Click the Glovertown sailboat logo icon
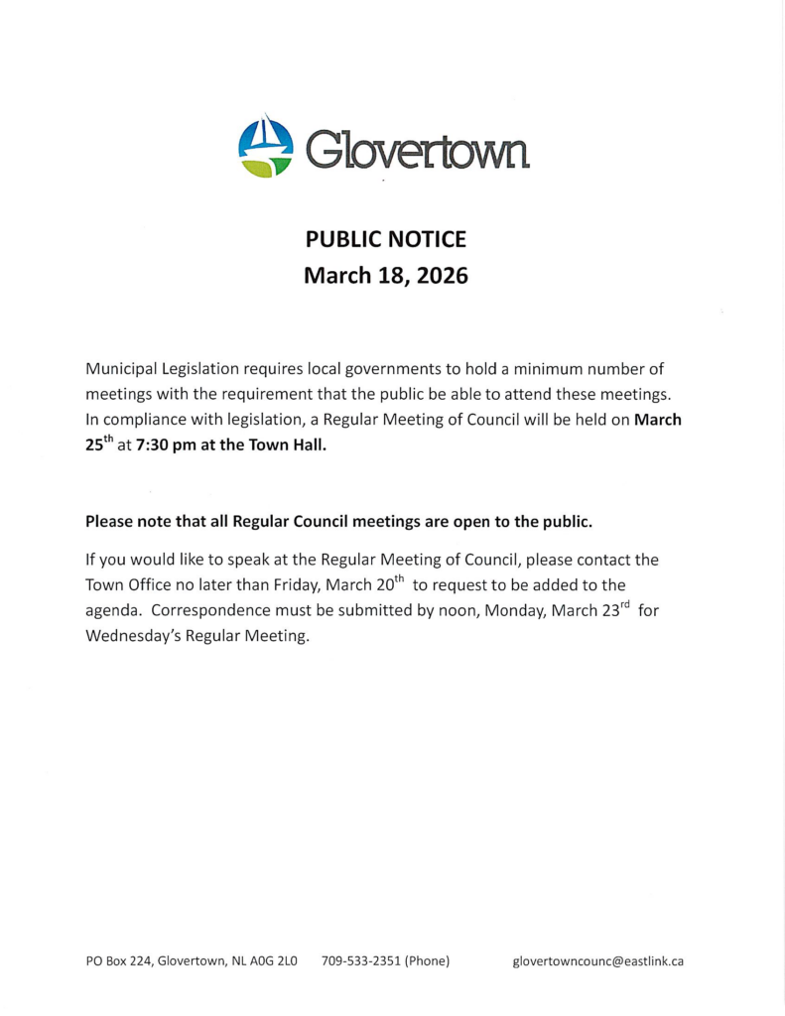click(266, 147)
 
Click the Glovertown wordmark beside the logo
click(418, 150)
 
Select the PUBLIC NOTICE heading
click(385, 239)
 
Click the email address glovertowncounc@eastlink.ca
click(597, 961)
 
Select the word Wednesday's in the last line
click(133, 636)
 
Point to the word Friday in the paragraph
click(289, 584)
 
